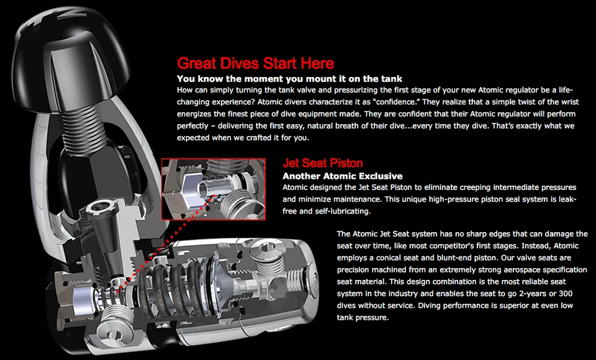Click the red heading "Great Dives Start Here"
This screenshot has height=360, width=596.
point(255,63)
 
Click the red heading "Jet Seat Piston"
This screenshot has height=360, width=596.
point(322,163)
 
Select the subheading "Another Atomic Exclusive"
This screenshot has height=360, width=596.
point(343,176)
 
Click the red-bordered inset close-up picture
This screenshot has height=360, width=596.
point(213,189)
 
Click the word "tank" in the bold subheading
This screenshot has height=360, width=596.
point(392,79)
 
